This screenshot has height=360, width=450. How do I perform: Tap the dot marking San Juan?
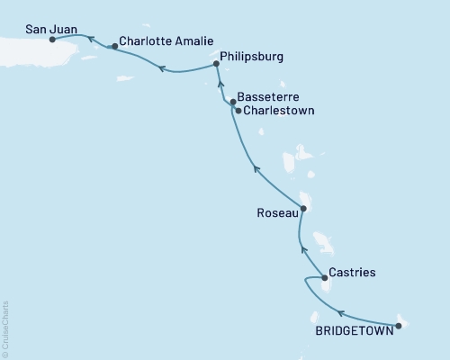click(51, 40)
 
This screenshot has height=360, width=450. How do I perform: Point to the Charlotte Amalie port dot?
click(114, 46)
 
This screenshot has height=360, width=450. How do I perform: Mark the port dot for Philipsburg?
click(216, 64)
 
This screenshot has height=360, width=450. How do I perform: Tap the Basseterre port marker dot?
click(233, 103)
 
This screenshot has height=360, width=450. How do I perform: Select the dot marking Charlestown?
click(237, 111)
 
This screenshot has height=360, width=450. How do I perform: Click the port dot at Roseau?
click(303, 209)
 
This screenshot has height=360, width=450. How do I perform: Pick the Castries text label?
click(352, 271)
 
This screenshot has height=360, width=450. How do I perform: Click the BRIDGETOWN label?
click(353, 330)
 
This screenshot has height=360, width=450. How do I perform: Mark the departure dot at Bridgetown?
click(398, 325)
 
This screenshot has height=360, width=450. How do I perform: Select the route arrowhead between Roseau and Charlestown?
click(256, 167)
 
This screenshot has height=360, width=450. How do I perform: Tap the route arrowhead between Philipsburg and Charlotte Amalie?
click(162, 67)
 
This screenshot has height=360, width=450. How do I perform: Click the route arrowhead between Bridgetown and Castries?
click(340, 313)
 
